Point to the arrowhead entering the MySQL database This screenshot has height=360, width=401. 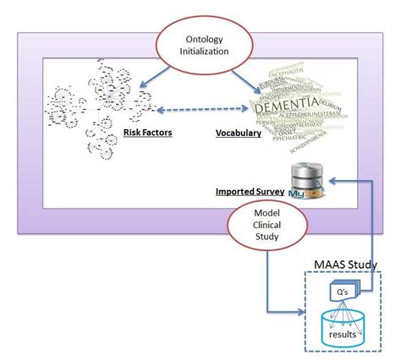[x=332, y=180]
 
